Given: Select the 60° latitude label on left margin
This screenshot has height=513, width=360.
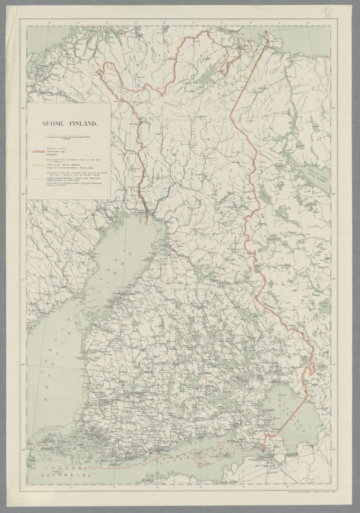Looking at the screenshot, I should coord(24,449).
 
